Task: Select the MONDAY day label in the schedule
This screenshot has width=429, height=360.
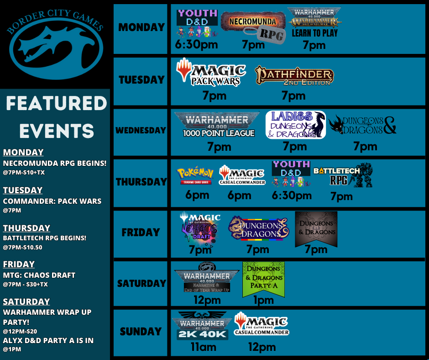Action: coord(141,27)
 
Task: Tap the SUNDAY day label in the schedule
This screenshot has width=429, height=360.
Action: coord(141,332)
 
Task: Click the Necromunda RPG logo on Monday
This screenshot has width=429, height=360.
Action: coord(254,25)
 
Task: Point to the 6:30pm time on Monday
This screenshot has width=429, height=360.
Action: coord(197,45)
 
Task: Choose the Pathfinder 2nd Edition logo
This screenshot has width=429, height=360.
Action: coord(294,76)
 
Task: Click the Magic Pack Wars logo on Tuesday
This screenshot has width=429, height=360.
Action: coord(211,73)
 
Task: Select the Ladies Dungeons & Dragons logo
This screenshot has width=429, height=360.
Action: coord(296,124)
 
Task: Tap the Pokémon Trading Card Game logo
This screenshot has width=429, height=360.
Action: coord(195,176)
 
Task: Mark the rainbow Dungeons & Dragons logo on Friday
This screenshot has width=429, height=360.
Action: coord(259,228)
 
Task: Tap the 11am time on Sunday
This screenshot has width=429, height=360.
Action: coord(203,347)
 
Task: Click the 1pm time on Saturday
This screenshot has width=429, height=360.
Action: coord(263,300)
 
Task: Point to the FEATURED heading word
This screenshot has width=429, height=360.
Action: coord(56,104)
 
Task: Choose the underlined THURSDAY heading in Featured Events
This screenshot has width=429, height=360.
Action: coord(26,228)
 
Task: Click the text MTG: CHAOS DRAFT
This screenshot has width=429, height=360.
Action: coord(39,275)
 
